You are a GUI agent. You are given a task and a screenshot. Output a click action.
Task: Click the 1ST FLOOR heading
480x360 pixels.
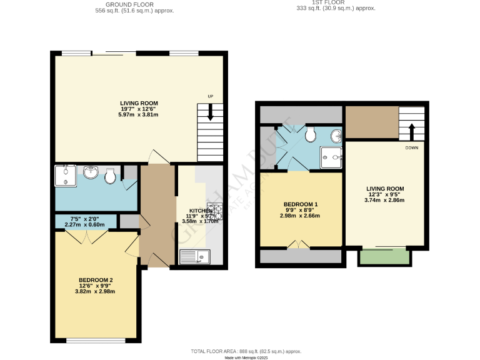(x=335, y=2)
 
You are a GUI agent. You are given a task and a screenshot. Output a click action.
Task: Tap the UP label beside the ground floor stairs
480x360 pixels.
(x=211, y=96)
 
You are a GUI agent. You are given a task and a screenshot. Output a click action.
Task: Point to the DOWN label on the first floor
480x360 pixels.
(x=411, y=147)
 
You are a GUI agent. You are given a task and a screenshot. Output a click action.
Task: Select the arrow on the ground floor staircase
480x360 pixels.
(x=211, y=112)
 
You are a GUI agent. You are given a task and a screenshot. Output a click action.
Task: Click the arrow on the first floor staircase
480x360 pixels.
(x=411, y=132)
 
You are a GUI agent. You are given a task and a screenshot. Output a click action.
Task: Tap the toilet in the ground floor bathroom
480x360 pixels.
(x=110, y=177)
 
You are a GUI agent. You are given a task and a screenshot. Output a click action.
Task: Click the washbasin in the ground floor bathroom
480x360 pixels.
(x=91, y=171)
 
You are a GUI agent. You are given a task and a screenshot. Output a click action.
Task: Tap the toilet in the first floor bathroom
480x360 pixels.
(x=310, y=135)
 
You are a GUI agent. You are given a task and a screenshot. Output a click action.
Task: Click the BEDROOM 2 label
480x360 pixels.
(x=96, y=280)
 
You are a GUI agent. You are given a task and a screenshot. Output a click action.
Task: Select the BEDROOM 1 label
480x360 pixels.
(x=301, y=205)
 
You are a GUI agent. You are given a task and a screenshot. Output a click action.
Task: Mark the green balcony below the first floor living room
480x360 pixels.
(x=384, y=256)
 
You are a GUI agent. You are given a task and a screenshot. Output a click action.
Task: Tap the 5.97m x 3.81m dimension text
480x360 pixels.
(x=139, y=115)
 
